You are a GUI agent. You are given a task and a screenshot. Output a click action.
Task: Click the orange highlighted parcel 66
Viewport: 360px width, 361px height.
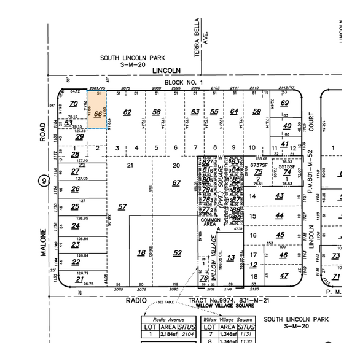tap(98, 114)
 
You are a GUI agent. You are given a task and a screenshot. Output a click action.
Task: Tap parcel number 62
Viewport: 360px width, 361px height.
tap(127, 112)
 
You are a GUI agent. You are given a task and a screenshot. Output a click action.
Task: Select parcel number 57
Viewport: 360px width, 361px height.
tap(122, 206)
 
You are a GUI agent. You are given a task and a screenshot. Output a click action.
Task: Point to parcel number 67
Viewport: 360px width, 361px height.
tap(176, 183)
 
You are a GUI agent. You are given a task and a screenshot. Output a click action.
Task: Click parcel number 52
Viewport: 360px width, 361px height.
tap(178, 253)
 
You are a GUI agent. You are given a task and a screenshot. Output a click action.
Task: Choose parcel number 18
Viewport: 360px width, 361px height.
tap(141, 253)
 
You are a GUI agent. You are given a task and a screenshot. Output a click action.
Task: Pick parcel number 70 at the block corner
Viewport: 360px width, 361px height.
tap(74, 103)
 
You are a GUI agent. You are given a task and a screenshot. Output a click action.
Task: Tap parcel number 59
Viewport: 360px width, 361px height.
tap(257, 112)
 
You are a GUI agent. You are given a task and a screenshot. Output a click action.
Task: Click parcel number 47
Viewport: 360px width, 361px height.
tap(283, 276)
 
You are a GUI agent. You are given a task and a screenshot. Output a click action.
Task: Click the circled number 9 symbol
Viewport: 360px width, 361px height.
tap(43, 180)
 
